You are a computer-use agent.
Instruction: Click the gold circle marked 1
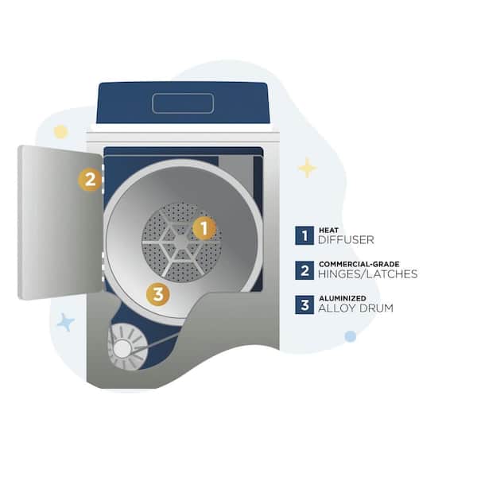(x=204, y=228)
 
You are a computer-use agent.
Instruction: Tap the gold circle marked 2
(x=90, y=180)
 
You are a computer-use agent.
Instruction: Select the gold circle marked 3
(x=158, y=294)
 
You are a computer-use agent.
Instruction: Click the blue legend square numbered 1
(x=304, y=235)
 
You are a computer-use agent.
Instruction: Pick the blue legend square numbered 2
(x=304, y=270)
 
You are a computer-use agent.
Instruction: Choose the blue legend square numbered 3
(x=304, y=304)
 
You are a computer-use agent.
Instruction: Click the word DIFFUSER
(x=346, y=240)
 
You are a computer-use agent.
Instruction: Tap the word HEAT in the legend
(x=328, y=230)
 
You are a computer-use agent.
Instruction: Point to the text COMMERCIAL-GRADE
(x=359, y=264)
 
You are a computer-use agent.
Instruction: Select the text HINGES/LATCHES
(x=368, y=274)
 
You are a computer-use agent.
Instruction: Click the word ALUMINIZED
(x=343, y=298)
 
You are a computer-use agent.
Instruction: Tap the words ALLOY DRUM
(x=355, y=308)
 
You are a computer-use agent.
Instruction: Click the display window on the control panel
(x=183, y=103)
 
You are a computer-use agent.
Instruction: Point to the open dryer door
(x=60, y=222)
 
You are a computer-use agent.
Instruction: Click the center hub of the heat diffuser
(x=181, y=242)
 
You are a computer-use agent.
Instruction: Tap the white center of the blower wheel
(x=122, y=349)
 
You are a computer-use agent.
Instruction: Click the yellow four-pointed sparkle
(x=307, y=168)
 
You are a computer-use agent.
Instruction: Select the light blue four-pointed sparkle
(x=66, y=322)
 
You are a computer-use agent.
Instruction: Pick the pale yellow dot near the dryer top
(x=60, y=132)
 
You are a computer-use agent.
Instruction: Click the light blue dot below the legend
(x=351, y=336)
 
